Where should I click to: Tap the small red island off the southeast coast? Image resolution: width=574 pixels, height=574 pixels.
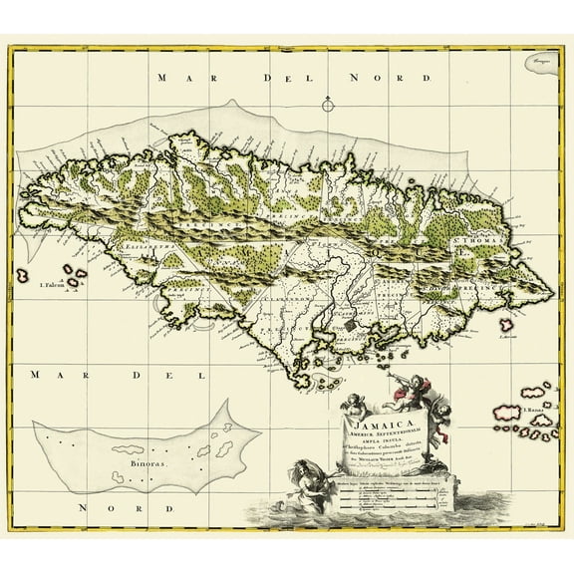(x=508, y=324)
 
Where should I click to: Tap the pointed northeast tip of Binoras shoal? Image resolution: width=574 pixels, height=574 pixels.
(x=229, y=403)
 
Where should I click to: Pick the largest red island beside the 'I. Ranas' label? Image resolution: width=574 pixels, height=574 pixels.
(x=507, y=410)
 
